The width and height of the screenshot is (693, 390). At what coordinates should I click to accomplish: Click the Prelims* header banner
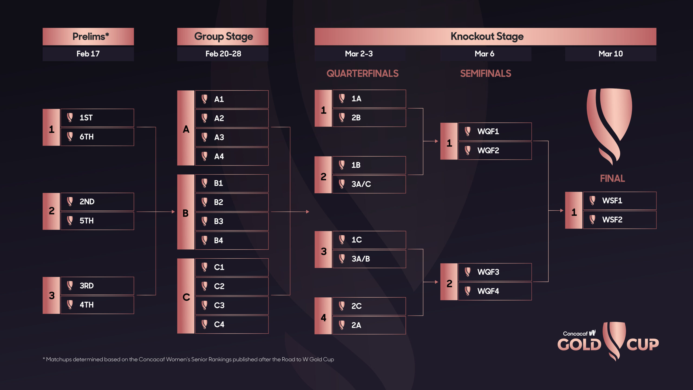pos(88,37)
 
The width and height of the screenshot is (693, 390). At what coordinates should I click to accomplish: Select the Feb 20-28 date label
pos(223,54)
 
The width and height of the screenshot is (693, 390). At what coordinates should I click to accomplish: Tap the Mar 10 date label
pos(610,54)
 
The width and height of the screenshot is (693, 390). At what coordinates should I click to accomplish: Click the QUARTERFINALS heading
pos(362,74)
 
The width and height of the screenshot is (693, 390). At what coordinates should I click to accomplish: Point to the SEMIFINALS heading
pos(486,74)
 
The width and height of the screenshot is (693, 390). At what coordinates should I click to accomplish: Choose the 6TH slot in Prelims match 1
pos(97,137)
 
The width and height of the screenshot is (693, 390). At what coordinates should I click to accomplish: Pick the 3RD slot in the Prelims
pos(97,286)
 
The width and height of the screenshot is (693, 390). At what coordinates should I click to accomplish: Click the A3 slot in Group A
pos(232,137)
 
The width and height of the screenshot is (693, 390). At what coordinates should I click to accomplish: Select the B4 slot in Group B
pos(232,240)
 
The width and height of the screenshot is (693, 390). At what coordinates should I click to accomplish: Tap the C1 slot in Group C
pos(232,267)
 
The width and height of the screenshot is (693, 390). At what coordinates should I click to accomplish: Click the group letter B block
pos(186,212)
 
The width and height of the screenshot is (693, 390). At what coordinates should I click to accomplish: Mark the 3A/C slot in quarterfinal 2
pos(369,184)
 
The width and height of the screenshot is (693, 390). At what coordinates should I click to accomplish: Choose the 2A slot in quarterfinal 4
pos(369,325)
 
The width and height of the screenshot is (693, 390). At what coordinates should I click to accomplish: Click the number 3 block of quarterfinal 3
pos(323,249)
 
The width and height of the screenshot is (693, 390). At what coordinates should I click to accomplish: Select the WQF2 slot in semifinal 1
pos(495,151)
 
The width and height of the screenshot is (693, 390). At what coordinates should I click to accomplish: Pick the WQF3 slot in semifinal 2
pos(495,272)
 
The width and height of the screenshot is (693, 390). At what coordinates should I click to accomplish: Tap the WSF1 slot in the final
pos(620,201)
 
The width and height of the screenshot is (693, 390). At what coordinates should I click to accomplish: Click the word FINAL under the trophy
pos(612,178)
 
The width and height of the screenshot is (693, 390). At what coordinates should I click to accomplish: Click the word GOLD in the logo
pos(579,345)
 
